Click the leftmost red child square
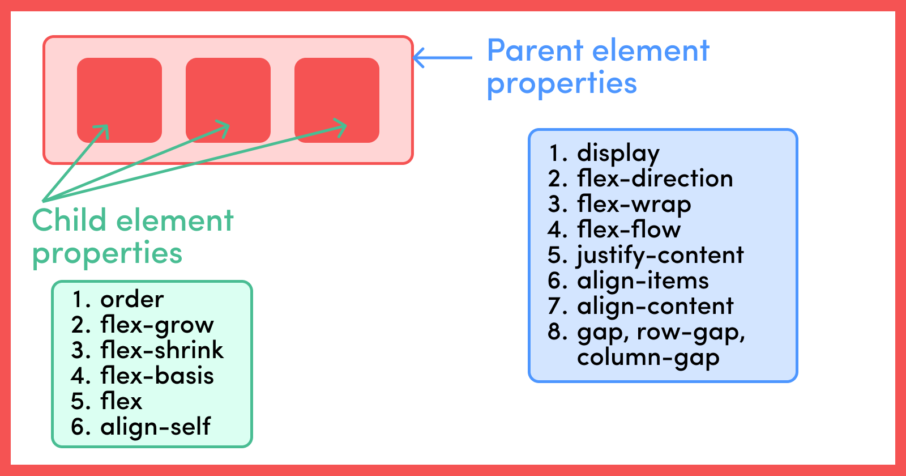click(119, 100)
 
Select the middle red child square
click(228, 100)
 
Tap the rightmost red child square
click(337, 100)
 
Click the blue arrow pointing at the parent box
click(442, 58)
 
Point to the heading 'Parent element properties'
click(598, 67)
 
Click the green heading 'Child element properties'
click(133, 237)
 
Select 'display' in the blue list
click(618, 154)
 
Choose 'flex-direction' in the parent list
click(655, 178)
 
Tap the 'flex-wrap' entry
click(634, 205)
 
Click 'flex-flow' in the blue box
click(629, 229)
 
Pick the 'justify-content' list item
click(660, 256)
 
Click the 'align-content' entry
click(655, 306)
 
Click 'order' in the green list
click(132, 300)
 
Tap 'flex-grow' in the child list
click(157, 325)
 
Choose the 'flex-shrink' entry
click(162, 350)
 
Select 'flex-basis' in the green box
click(157, 375)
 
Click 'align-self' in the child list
click(155, 427)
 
